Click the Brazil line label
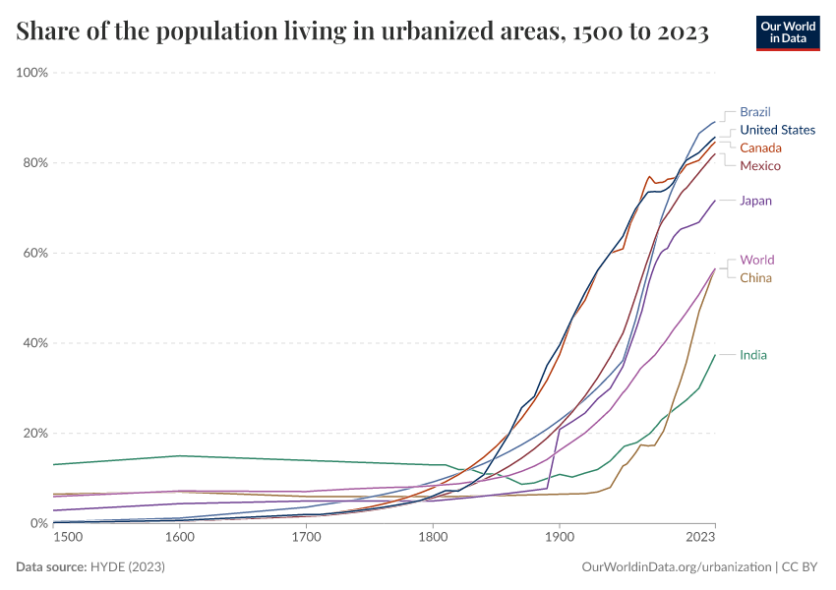755,112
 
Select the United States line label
777,130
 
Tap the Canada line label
760,147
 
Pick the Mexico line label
760,165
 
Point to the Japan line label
755,201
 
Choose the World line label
757,260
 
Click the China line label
755,277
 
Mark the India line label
753,355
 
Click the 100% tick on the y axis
32,73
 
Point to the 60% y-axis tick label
35,253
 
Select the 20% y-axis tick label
35,433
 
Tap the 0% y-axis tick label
39,523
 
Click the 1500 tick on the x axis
68,538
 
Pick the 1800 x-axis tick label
433,538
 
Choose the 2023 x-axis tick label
700,538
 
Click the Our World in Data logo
788,32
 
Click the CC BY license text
802,567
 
